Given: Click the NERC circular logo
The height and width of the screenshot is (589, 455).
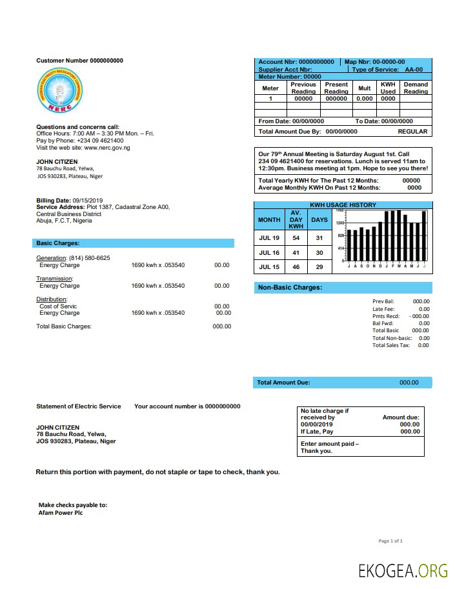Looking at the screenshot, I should (x=59, y=92).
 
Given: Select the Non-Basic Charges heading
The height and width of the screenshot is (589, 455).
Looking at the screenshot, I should (x=290, y=287).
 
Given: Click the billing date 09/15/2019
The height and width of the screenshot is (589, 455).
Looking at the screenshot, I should (x=92, y=201).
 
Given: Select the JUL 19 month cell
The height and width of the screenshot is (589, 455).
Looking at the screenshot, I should (x=269, y=238).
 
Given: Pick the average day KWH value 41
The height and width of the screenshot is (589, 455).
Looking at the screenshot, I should (x=296, y=253).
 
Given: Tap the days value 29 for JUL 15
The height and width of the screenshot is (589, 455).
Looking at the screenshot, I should (x=319, y=267).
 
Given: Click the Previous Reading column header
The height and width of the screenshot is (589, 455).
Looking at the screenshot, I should (x=303, y=88).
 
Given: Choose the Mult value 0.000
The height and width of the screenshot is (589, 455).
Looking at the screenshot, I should (x=365, y=99).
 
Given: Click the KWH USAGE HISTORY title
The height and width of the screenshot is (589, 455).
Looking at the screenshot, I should (x=343, y=205).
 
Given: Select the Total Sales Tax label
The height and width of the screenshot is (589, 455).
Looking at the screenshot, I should (x=391, y=345).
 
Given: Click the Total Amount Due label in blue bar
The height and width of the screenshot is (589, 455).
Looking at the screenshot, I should (x=283, y=383).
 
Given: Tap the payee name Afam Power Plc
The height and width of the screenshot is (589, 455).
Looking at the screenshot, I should (x=61, y=513).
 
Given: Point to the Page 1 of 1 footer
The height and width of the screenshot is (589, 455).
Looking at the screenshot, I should (x=390, y=541).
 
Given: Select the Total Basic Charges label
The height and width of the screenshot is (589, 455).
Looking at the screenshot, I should (x=64, y=326).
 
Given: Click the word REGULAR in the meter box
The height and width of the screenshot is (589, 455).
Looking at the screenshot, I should (x=412, y=131).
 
